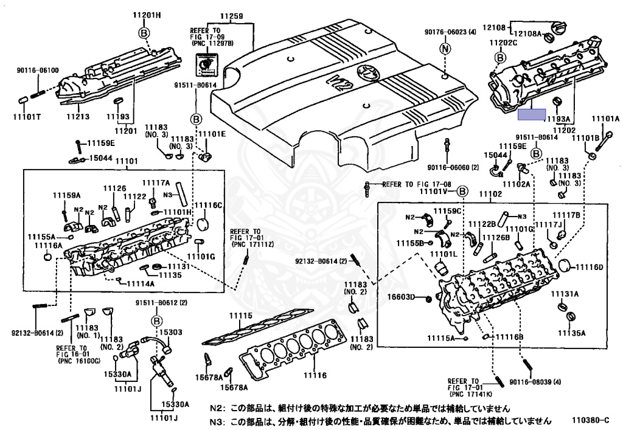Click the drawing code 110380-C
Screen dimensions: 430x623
pos(589,420)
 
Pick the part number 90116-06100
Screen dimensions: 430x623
pos(38,71)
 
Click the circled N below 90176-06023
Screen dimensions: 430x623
pos(445,48)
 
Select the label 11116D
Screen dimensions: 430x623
pos(590,267)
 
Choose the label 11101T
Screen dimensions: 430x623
pos(26,116)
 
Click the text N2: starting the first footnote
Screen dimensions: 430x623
pos(217,409)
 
